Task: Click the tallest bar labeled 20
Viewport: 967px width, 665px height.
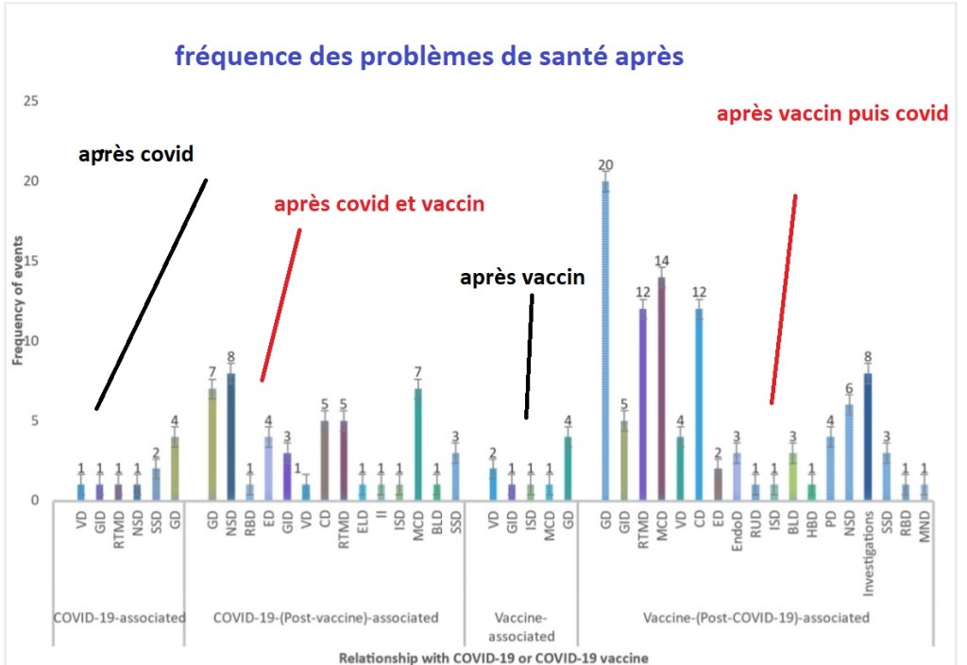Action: (604, 340)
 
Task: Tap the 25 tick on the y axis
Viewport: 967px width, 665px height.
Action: (30, 101)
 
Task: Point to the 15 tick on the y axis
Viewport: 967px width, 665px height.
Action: (30, 261)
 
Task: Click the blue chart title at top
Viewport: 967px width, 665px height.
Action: (429, 57)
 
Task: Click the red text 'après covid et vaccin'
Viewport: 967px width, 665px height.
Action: (379, 204)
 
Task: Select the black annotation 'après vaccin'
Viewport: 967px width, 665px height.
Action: (522, 278)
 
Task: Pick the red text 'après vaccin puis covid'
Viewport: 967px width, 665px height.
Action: (831, 114)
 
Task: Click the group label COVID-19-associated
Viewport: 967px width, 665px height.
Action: (119, 618)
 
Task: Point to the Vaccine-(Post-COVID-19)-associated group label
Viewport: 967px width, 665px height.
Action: (755, 618)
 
